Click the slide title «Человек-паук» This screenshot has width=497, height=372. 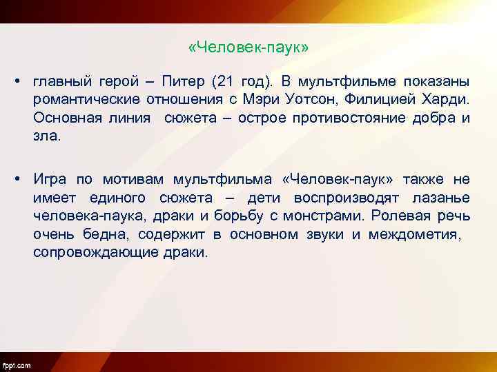pyautogui.click(x=248, y=48)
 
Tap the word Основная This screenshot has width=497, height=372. pyautogui.click(x=64, y=118)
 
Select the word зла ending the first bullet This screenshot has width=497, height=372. pyautogui.click(x=46, y=136)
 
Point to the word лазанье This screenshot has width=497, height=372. pyautogui.click(x=445, y=198)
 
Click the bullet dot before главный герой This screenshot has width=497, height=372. pyautogui.click(x=14, y=83)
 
